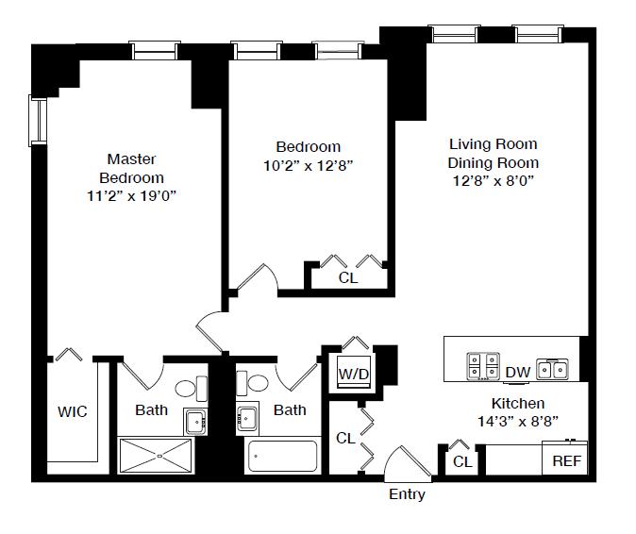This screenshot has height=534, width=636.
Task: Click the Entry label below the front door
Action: [x=407, y=494]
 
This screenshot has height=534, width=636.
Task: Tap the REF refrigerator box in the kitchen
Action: [x=566, y=461]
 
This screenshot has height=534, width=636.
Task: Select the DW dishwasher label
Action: [x=517, y=373]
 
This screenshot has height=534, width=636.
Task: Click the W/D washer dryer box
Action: [x=354, y=374]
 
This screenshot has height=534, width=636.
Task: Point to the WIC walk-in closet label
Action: [x=73, y=411]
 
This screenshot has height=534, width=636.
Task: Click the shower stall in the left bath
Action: [x=159, y=456]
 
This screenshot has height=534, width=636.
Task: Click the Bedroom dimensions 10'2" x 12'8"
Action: [x=308, y=164]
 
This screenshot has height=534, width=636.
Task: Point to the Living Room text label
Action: [x=493, y=144]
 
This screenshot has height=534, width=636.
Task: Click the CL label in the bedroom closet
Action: [x=347, y=278]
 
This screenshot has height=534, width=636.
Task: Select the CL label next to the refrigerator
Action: [x=462, y=461]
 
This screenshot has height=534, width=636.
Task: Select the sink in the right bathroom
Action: [x=247, y=418]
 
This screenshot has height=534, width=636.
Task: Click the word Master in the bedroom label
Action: [x=131, y=159]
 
